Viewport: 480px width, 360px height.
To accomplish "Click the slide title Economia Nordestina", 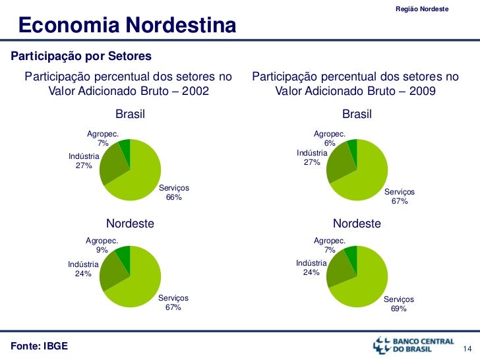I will [x=127, y=26].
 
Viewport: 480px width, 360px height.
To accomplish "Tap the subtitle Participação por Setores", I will [x=81, y=55].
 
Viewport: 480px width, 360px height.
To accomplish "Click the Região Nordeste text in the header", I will [x=422, y=9].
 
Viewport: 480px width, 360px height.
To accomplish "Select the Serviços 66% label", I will [x=174, y=193].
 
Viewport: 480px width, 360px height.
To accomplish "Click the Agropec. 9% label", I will [x=102, y=245].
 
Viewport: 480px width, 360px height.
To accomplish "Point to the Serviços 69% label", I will [x=399, y=303].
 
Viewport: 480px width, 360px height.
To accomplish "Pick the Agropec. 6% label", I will [x=329, y=138].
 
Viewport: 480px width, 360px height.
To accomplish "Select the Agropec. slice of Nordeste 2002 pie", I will [x=123, y=253].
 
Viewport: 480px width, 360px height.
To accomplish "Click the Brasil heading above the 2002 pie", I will [x=130, y=115].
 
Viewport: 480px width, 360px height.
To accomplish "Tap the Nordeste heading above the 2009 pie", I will [x=357, y=224].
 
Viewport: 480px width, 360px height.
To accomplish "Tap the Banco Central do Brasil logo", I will [x=413, y=345].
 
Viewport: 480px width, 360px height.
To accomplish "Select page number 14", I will [x=469, y=348].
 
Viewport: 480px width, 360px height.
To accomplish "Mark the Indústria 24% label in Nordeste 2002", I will [x=83, y=269].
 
